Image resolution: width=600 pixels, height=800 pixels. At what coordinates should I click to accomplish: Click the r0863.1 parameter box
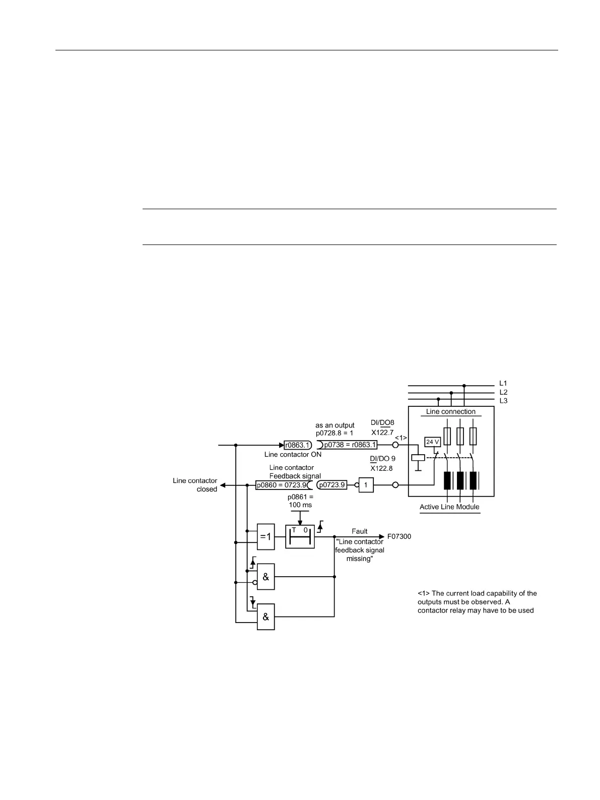pos(298,445)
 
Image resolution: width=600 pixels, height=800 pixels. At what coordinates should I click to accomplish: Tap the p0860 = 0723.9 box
pos(282,485)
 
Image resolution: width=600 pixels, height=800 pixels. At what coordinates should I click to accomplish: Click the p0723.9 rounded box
pos(332,485)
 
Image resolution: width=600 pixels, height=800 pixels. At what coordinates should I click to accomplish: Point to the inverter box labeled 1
pos(366,485)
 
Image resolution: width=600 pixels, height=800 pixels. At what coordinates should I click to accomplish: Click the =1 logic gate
pos(266,536)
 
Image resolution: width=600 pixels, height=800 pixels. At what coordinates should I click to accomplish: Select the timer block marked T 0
pos(300,536)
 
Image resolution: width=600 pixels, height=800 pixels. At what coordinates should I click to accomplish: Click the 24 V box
pos(433,442)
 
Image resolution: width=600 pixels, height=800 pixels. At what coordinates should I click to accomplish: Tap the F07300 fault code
pos(399,536)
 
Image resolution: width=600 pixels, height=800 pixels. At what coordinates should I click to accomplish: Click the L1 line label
pos(503,384)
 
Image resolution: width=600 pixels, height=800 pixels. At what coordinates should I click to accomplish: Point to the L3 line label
pos(503,401)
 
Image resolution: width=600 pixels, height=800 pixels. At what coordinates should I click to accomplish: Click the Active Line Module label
pos(449,507)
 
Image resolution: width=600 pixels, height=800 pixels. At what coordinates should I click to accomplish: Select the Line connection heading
pos(450,411)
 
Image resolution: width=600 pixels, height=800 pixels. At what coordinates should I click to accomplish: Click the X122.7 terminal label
pos(382,433)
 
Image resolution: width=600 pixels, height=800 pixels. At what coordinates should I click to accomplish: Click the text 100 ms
pos(300,505)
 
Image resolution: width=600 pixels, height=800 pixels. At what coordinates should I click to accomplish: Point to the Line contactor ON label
pos(293,454)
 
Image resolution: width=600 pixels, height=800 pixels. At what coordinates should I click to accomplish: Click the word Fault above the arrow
pos(360,531)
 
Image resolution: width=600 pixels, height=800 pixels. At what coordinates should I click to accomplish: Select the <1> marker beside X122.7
pos(401,437)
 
